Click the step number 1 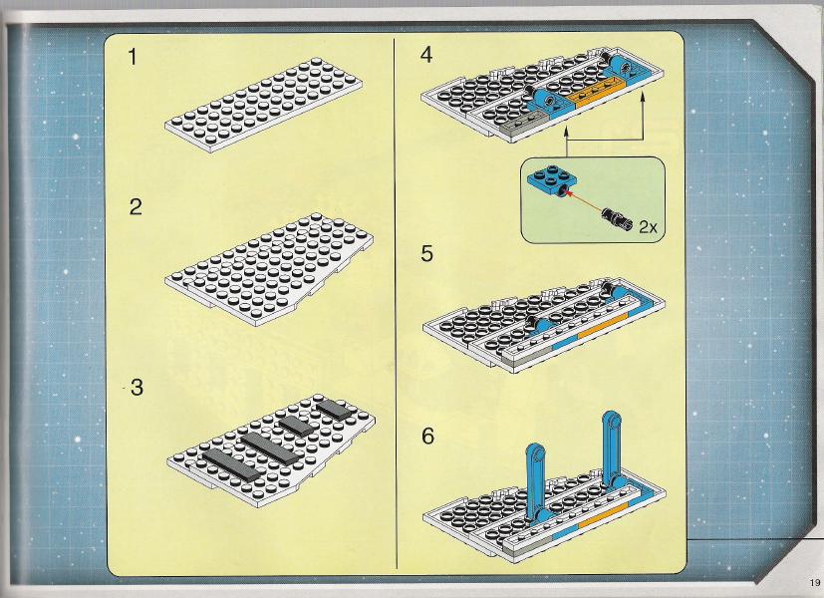pyautogui.click(x=133, y=57)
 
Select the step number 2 pyautogui.click(x=136, y=206)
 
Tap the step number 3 pyautogui.click(x=137, y=388)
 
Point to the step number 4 pyautogui.click(x=426, y=55)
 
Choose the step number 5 pyautogui.click(x=426, y=253)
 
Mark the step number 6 pyautogui.click(x=427, y=437)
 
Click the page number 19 pyautogui.click(x=815, y=582)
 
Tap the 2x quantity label pyautogui.click(x=648, y=227)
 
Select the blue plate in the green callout pyautogui.click(x=552, y=181)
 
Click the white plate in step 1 pyautogui.click(x=264, y=105)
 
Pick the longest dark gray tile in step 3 pyautogui.click(x=231, y=464)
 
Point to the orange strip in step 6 pyautogui.click(x=603, y=515)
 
